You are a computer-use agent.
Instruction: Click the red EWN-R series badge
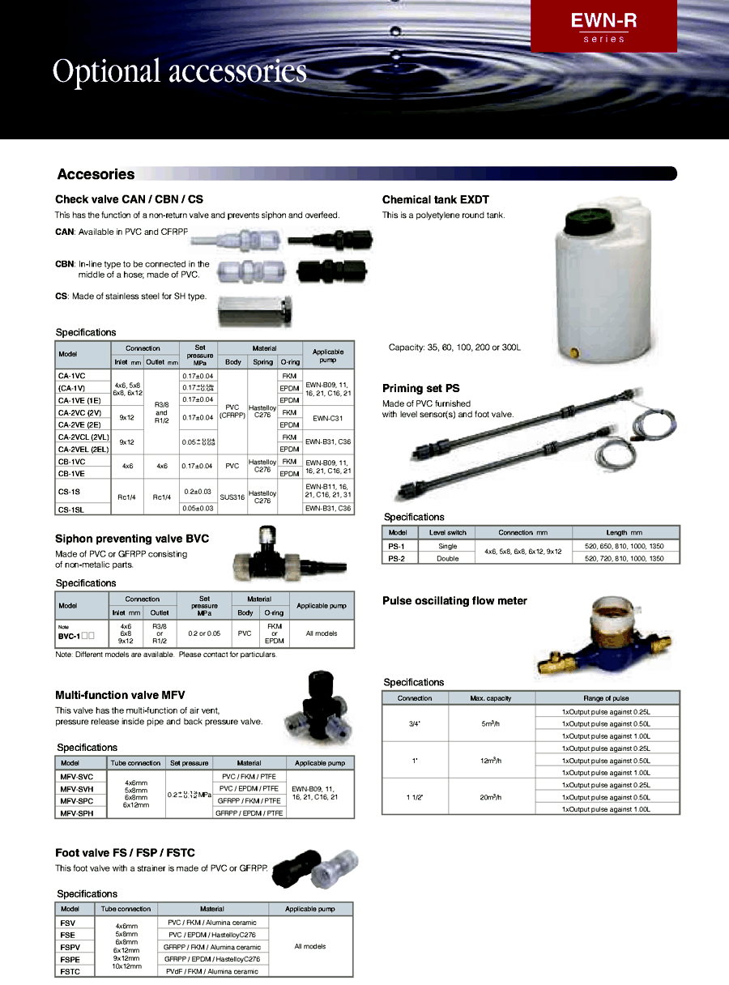(x=603, y=27)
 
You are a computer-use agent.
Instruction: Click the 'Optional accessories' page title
(x=180, y=71)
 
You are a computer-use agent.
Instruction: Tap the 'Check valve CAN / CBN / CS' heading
(x=129, y=199)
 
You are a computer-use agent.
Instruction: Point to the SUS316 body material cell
(x=232, y=497)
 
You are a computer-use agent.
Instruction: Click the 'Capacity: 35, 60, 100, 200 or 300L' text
(x=455, y=348)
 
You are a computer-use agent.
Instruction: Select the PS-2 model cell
(x=398, y=558)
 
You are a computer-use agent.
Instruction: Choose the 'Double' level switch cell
(x=447, y=558)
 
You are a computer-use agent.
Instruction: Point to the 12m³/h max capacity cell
(x=491, y=761)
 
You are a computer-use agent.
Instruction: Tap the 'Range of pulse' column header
(x=607, y=698)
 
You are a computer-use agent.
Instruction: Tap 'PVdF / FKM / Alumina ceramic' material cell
(x=213, y=970)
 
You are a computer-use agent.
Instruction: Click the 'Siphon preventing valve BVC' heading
(x=132, y=539)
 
